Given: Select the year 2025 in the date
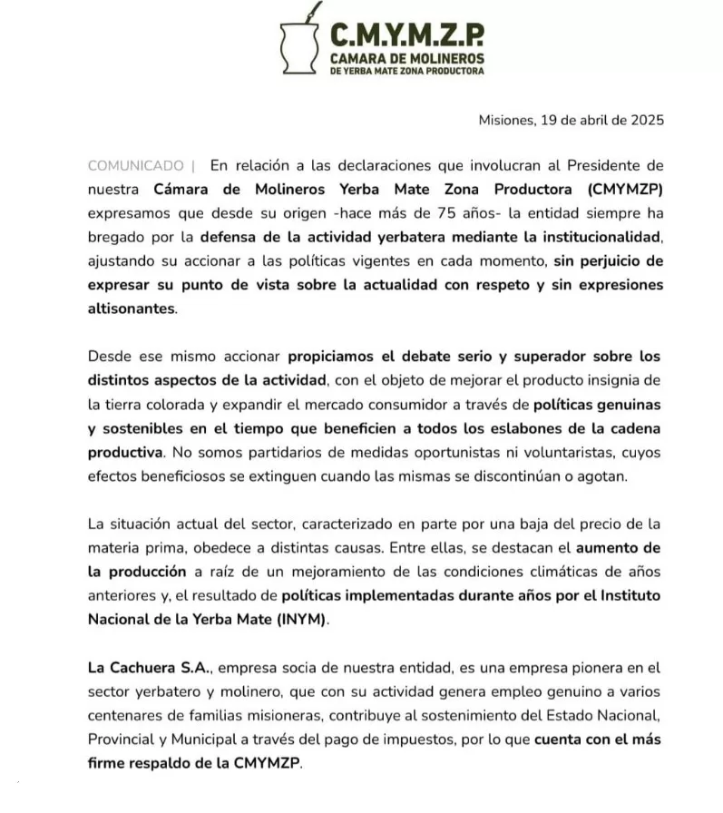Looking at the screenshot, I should tap(646, 120).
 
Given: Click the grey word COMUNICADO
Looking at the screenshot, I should tap(135, 165).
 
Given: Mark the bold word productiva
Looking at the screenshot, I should tap(125, 450).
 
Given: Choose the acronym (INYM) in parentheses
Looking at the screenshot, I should tap(297, 619).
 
